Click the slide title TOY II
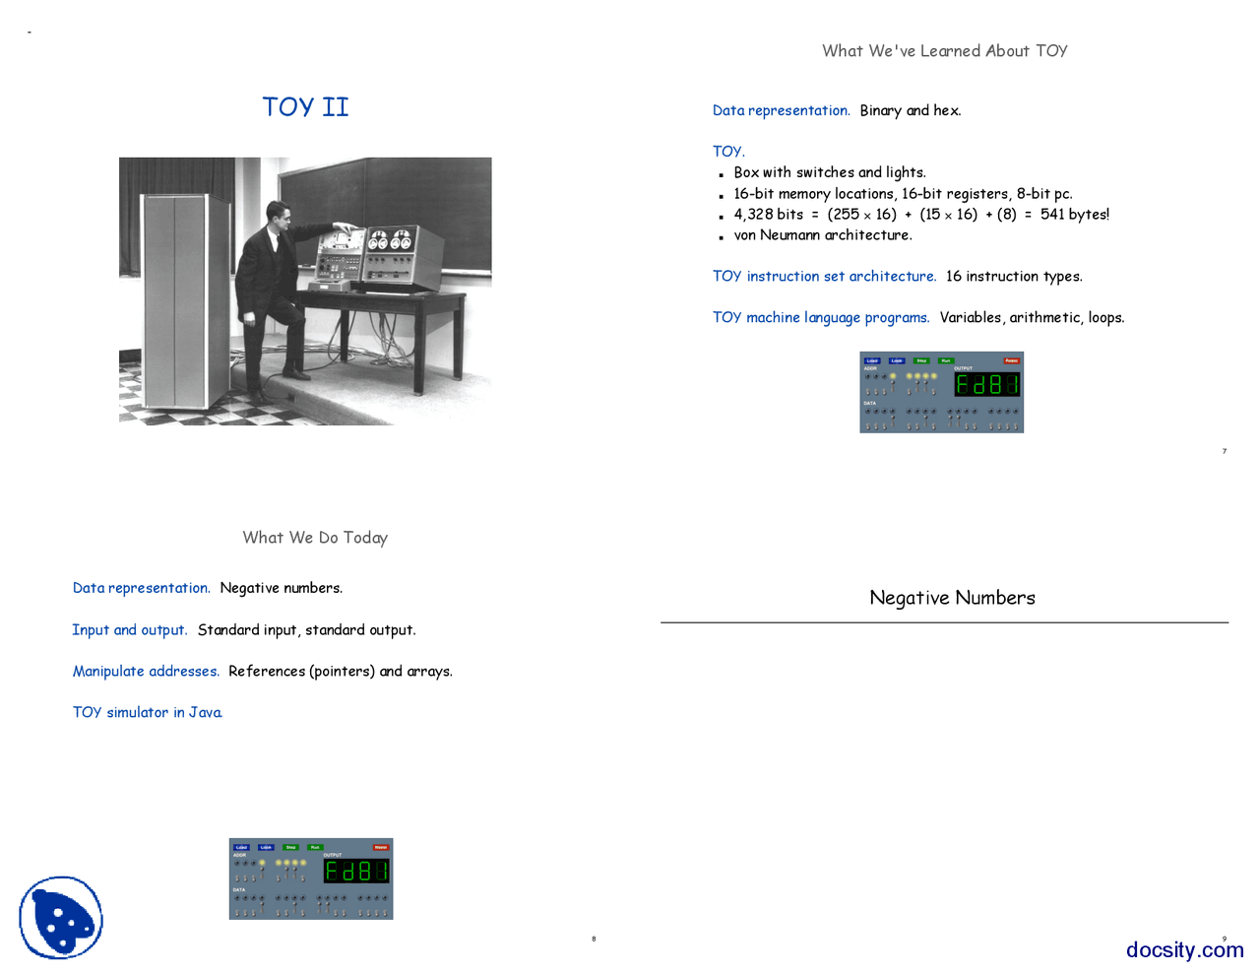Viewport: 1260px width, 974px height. [305, 106]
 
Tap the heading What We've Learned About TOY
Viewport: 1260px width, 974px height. [944, 51]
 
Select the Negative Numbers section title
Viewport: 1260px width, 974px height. [952, 598]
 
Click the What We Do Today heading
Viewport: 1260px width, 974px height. [315, 538]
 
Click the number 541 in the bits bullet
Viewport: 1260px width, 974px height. [1051, 215]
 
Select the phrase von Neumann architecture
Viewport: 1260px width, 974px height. [823, 235]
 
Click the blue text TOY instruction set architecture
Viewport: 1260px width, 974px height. [824, 277]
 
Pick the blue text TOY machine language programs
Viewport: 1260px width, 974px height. [821, 318]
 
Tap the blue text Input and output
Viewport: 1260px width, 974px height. [129, 630]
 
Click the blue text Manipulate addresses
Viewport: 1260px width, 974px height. [146, 672]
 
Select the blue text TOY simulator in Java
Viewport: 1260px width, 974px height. [148, 713]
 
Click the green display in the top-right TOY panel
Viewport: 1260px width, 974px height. [986, 384]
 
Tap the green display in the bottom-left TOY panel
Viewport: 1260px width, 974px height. [356, 871]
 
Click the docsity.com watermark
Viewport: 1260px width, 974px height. [1184, 950]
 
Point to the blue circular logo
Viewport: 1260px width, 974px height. [61, 918]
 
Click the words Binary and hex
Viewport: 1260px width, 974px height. [910, 111]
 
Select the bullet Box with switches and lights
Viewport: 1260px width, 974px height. [829, 173]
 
